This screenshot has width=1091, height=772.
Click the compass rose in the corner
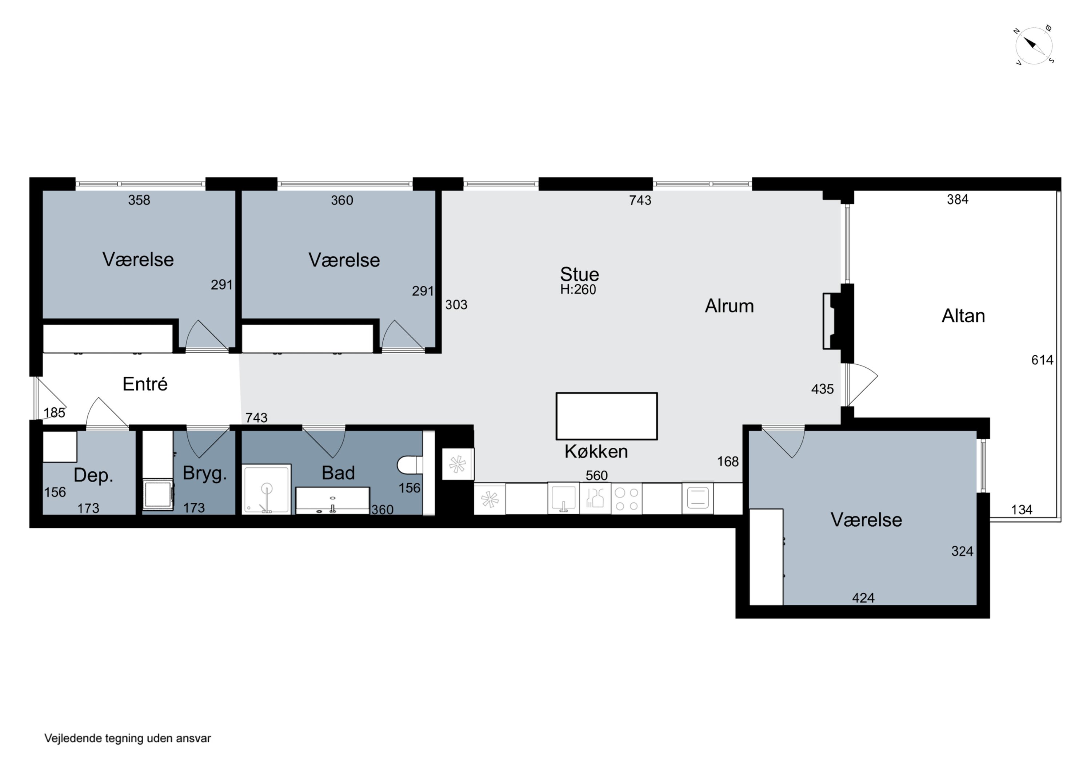[x=1034, y=45]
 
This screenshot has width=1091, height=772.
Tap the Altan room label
[x=963, y=316]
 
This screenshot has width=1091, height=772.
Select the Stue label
[x=579, y=274]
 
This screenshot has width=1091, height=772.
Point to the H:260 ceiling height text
[x=578, y=290]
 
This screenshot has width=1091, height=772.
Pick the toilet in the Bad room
[x=410, y=465]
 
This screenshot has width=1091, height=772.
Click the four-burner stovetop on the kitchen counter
[x=626, y=499]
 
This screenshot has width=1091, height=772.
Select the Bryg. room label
[x=205, y=474]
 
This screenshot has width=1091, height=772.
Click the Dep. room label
[x=93, y=475]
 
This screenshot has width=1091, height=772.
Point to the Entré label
[x=145, y=384]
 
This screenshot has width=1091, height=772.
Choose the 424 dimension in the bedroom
[x=863, y=598]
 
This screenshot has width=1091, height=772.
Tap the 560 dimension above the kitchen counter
[x=596, y=476]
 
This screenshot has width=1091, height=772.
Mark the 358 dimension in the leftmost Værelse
[x=139, y=200]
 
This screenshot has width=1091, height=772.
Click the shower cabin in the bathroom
[x=267, y=489]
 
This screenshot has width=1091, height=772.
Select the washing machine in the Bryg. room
[x=159, y=495]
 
